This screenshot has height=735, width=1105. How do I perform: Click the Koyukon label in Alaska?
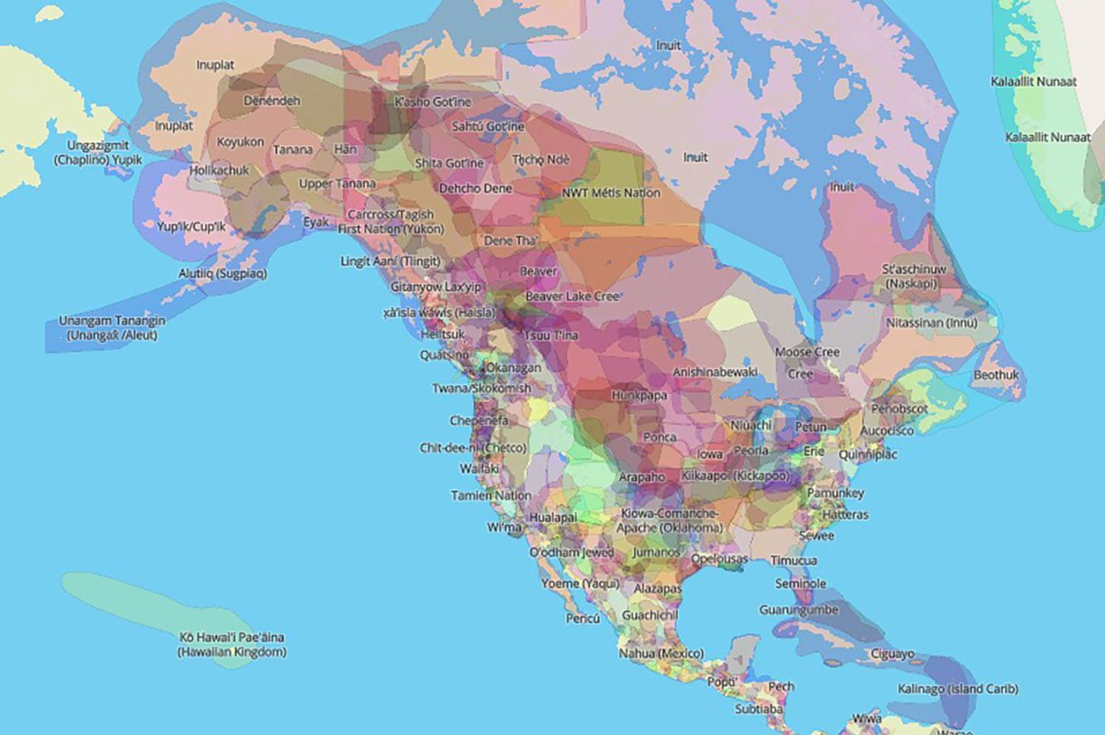point(240,142)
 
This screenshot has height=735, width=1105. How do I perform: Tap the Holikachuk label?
point(220,170)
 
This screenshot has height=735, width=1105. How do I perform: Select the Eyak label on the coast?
point(316,222)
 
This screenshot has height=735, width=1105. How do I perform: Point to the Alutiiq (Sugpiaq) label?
point(222,273)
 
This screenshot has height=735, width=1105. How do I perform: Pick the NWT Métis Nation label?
point(611,193)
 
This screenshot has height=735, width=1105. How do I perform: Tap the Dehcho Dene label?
point(475,189)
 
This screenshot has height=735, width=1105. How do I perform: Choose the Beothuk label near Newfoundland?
point(996,375)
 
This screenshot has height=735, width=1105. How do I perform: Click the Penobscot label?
point(899,409)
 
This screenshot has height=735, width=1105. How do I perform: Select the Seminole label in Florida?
point(801,583)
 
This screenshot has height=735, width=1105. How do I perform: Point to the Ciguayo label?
point(892,654)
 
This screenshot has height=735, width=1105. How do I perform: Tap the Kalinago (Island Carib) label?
point(958,689)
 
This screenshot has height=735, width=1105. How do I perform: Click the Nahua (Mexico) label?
point(661,653)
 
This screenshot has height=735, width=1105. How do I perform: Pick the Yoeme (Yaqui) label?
point(580,583)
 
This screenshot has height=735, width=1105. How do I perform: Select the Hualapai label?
point(553,518)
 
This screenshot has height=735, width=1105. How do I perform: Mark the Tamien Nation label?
point(491,496)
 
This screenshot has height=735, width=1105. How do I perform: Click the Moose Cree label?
point(807,352)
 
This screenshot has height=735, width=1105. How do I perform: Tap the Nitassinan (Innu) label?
point(932,323)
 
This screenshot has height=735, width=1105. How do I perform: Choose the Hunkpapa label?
point(639,395)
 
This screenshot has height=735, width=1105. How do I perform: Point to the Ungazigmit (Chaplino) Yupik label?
point(98,152)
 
